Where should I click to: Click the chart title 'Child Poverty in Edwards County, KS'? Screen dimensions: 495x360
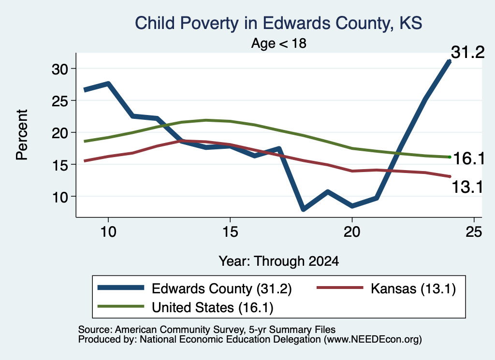(278, 23)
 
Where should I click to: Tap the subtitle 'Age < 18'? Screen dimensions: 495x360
(279, 43)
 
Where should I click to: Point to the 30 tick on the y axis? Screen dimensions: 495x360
(60, 69)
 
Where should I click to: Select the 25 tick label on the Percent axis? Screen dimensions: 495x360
(60, 101)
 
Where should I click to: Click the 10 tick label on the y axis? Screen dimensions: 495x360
(60, 197)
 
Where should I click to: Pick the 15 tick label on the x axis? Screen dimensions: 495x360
(230, 232)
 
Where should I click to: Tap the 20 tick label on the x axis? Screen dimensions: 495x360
(352, 232)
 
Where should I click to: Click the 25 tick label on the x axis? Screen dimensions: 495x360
(474, 232)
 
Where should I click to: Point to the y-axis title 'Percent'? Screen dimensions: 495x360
(22, 135)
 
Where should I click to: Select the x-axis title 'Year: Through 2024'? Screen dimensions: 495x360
(279, 261)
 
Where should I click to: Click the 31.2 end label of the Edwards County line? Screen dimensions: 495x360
(467, 52)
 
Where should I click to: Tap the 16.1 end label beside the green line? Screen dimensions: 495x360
(469, 158)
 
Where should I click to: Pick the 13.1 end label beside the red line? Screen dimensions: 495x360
(467, 187)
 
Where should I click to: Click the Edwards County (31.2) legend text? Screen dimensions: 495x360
(221, 288)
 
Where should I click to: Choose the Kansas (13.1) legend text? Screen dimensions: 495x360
(413, 288)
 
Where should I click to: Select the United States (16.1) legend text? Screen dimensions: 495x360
(213, 308)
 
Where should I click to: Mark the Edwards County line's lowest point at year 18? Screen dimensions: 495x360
(303, 209)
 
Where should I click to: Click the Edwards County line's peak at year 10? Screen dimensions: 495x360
(108, 84)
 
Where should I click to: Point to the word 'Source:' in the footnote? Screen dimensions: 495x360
(95, 330)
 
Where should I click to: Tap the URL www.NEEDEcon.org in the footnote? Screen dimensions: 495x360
(373, 340)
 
